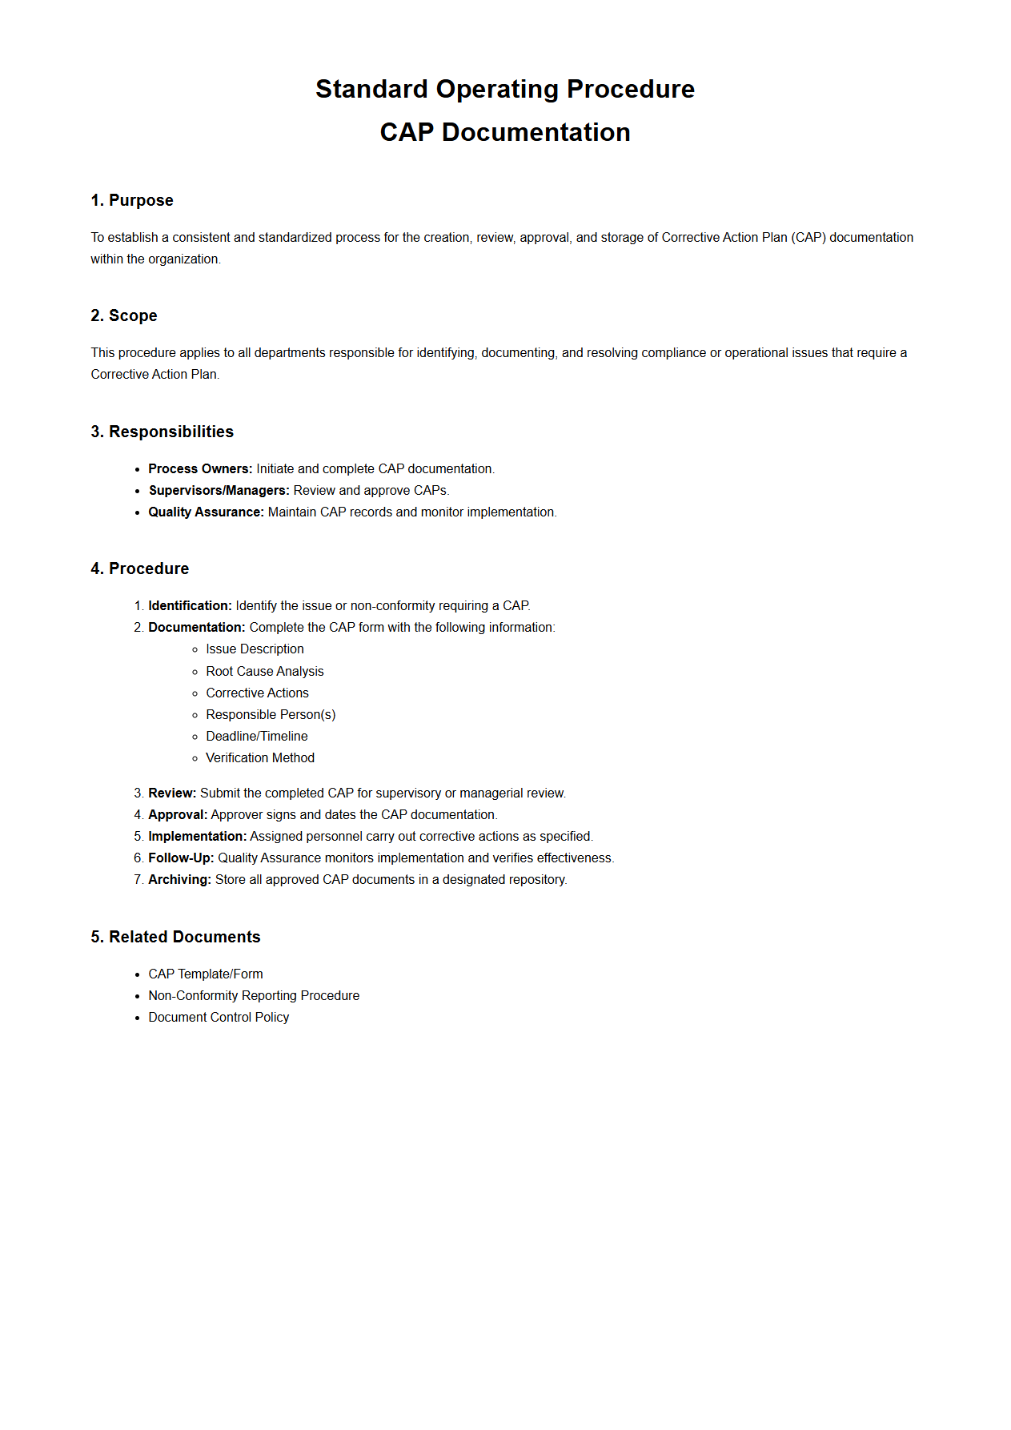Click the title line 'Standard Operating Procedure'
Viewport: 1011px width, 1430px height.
(x=504, y=89)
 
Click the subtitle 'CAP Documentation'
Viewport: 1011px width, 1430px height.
(x=504, y=132)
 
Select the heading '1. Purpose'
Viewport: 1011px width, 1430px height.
(x=132, y=200)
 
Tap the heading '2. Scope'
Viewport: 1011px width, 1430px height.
(x=124, y=315)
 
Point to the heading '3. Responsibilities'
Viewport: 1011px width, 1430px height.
(x=162, y=432)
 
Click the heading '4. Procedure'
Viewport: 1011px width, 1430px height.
(x=140, y=568)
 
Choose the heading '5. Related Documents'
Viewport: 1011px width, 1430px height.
(x=176, y=937)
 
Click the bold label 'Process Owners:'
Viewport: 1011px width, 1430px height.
(x=200, y=468)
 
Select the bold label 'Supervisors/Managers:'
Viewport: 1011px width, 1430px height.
(x=219, y=490)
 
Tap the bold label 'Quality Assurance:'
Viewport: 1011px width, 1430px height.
(x=206, y=512)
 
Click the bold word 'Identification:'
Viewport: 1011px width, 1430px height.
(x=190, y=605)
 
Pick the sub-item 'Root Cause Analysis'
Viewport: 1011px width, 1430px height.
(x=265, y=671)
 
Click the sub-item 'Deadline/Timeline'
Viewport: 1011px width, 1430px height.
(x=257, y=736)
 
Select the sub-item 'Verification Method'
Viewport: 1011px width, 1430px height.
(x=260, y=757)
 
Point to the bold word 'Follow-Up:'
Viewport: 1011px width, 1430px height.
(x=181, y=858)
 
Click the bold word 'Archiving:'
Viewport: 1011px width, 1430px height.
(x=179, y=879)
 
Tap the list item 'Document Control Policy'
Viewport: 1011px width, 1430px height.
(x=219, y=1017)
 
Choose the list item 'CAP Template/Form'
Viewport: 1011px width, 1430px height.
(x=206, y=974)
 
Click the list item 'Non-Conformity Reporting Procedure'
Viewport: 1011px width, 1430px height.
(x=254, y=995)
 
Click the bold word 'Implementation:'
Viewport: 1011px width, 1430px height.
(x=197, y=836)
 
